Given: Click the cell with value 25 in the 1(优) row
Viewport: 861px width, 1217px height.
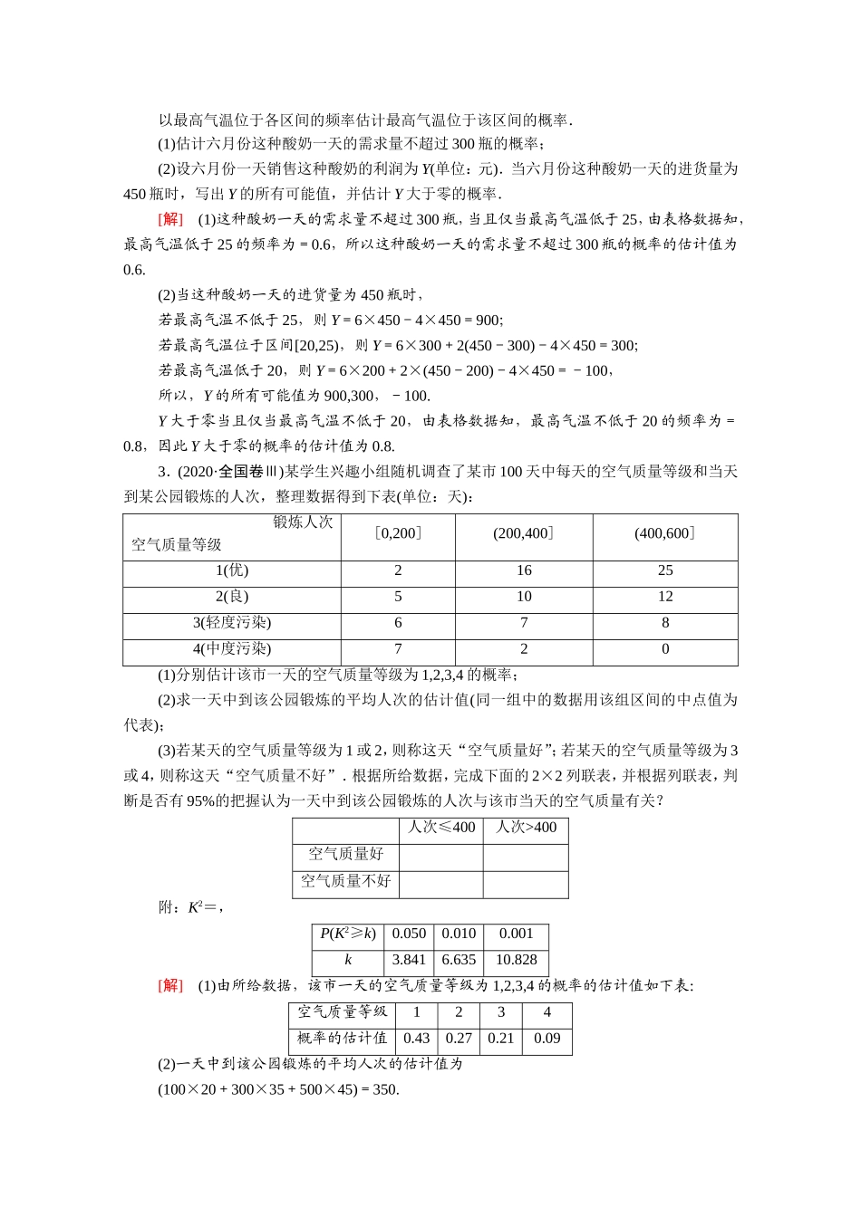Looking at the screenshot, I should (x=665, y=570).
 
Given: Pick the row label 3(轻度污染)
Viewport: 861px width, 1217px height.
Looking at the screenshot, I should (x=232, y=623).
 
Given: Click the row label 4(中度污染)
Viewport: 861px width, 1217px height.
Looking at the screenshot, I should (x=232, y=649).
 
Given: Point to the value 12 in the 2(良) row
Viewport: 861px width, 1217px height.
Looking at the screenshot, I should (x=665, y=597).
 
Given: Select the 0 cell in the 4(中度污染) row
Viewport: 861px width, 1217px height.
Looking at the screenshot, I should (x=665, y=649).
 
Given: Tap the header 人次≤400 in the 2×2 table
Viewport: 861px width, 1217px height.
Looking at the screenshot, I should (x=441, y=828).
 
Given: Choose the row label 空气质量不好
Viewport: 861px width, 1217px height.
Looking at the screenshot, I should (x=345, y=881).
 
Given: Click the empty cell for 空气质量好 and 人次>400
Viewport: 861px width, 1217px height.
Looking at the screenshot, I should (x=526, y=854).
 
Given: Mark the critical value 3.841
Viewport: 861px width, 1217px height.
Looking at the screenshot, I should (x=409, y=960).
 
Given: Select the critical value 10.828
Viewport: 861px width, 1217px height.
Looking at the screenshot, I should (x=517, y=960).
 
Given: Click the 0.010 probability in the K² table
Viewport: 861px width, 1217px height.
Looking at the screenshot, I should (x=459, y=934).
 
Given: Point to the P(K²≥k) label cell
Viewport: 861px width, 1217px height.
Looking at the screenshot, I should (x=348, y=934).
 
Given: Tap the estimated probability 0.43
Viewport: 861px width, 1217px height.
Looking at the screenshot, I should (x=416, y=1039).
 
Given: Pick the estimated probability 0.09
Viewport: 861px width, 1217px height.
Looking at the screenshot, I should (x=547, y=1039).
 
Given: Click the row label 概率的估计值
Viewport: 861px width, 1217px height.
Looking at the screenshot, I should (x=342, y=1039).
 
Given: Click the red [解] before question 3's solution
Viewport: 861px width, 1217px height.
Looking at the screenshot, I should (x=170, y=985).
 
